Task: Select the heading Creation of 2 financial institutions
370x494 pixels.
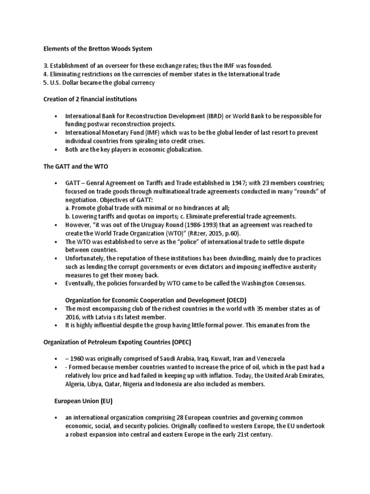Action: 90,99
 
